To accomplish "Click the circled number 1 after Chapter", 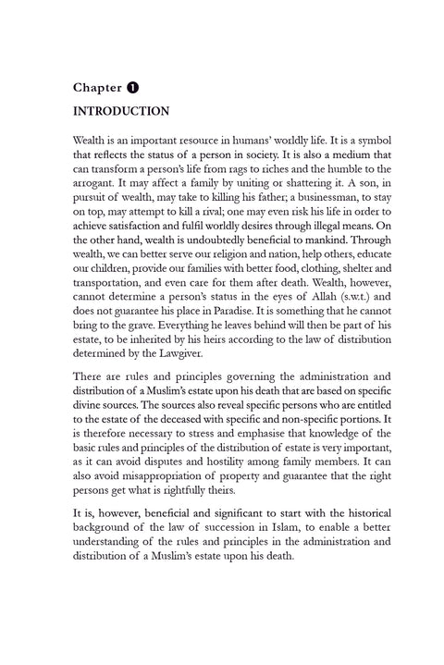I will tap(133, 88).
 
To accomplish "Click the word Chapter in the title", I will tap(97, 88).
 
